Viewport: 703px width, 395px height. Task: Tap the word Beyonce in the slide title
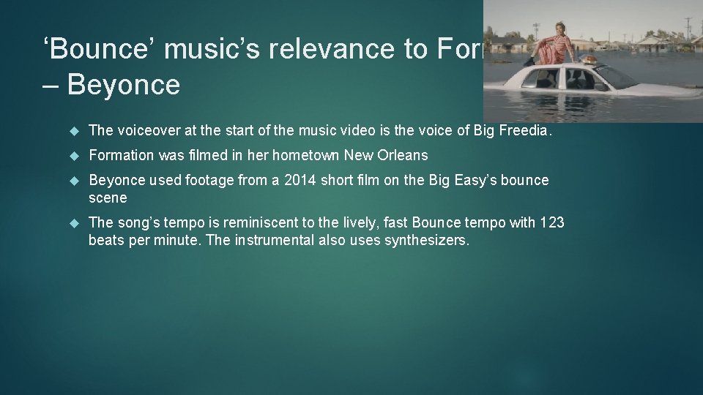(123, 85)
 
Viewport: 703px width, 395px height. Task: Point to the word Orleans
(402, 155)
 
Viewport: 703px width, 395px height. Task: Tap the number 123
(551, 222)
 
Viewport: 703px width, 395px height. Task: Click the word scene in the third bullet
(108, 197)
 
